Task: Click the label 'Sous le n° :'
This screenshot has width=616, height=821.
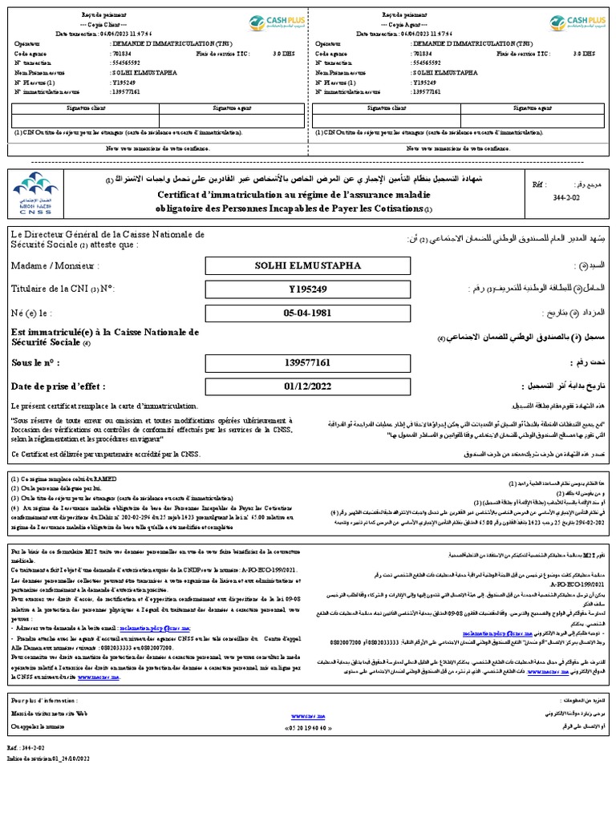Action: (x=36, y=362)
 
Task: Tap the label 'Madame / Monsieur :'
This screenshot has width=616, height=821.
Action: (x=55, y=265)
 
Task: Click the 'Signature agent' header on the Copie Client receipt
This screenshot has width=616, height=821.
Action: (x=231, y=107)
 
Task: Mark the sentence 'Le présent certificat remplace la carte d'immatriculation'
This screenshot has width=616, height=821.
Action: (x=103, y=406)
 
